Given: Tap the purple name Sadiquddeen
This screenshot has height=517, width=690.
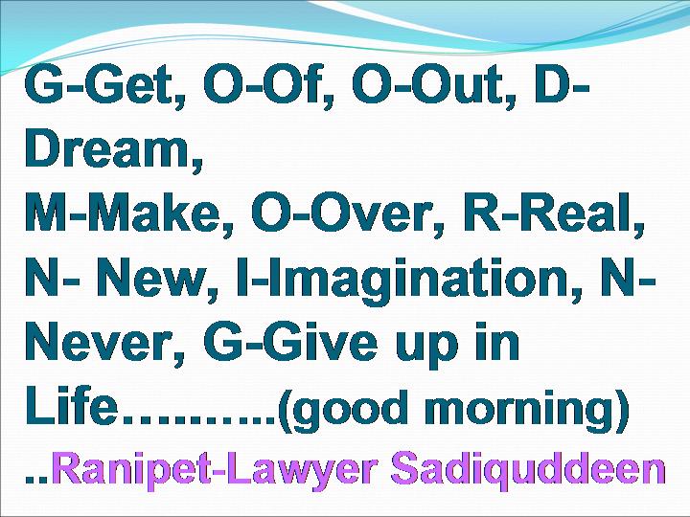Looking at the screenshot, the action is point(528,470).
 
